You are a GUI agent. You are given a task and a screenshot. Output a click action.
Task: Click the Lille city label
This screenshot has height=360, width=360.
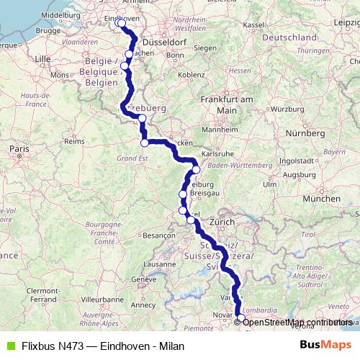tap(44, 58)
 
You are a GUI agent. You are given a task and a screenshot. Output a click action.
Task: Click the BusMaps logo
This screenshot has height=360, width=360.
tap(322, 346)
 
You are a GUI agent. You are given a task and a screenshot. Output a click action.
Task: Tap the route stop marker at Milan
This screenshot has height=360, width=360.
tap(240, 318)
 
